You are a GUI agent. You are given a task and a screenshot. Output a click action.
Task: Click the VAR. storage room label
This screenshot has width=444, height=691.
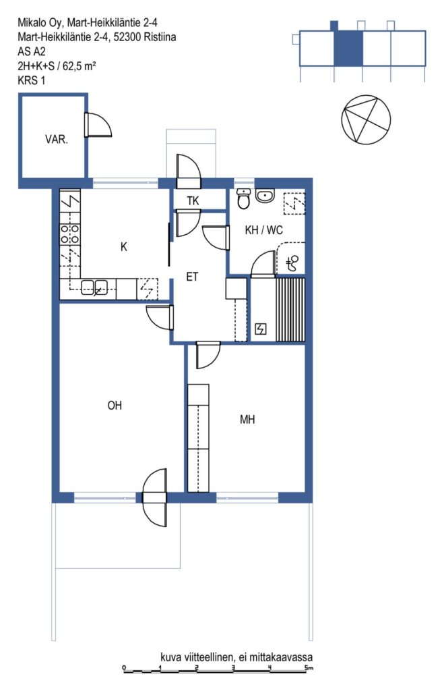(x=57, y=140)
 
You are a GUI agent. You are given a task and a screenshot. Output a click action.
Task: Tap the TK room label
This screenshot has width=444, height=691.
(x=193, y=201)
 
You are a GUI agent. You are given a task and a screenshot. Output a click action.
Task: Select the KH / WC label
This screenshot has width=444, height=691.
(x=263, y=230)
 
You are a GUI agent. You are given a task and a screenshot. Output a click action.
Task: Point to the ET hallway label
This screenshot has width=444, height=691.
(x=192, y=277)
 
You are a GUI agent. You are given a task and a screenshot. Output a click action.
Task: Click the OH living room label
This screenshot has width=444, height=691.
(x=115, y=406)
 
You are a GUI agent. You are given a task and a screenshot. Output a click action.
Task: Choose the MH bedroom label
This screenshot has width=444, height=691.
(x=247, y=420)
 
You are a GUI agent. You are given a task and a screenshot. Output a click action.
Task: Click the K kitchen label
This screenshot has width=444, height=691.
(x=124, y=247)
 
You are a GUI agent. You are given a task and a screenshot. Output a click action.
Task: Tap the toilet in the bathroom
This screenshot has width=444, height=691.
(x=243, y=199)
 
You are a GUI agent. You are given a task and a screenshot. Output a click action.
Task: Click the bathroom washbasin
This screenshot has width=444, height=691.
(x=265, y=196)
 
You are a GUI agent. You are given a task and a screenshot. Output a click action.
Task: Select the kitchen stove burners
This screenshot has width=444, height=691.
(x=70, y=233)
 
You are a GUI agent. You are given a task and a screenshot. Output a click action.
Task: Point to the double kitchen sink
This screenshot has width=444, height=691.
(x=94, y=287)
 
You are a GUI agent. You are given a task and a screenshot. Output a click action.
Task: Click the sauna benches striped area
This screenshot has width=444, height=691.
(x=290, y=310)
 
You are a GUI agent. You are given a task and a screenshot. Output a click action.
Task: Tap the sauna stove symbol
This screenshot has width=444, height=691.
(x=261, y=329)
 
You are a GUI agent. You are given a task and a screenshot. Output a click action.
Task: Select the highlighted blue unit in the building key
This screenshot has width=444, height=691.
(x=348, y=48)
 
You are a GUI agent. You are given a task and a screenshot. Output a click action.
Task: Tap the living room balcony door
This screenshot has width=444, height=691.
(x=155, y=497)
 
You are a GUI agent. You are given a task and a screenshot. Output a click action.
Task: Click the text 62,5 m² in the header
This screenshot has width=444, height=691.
(x=80, y=66)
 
